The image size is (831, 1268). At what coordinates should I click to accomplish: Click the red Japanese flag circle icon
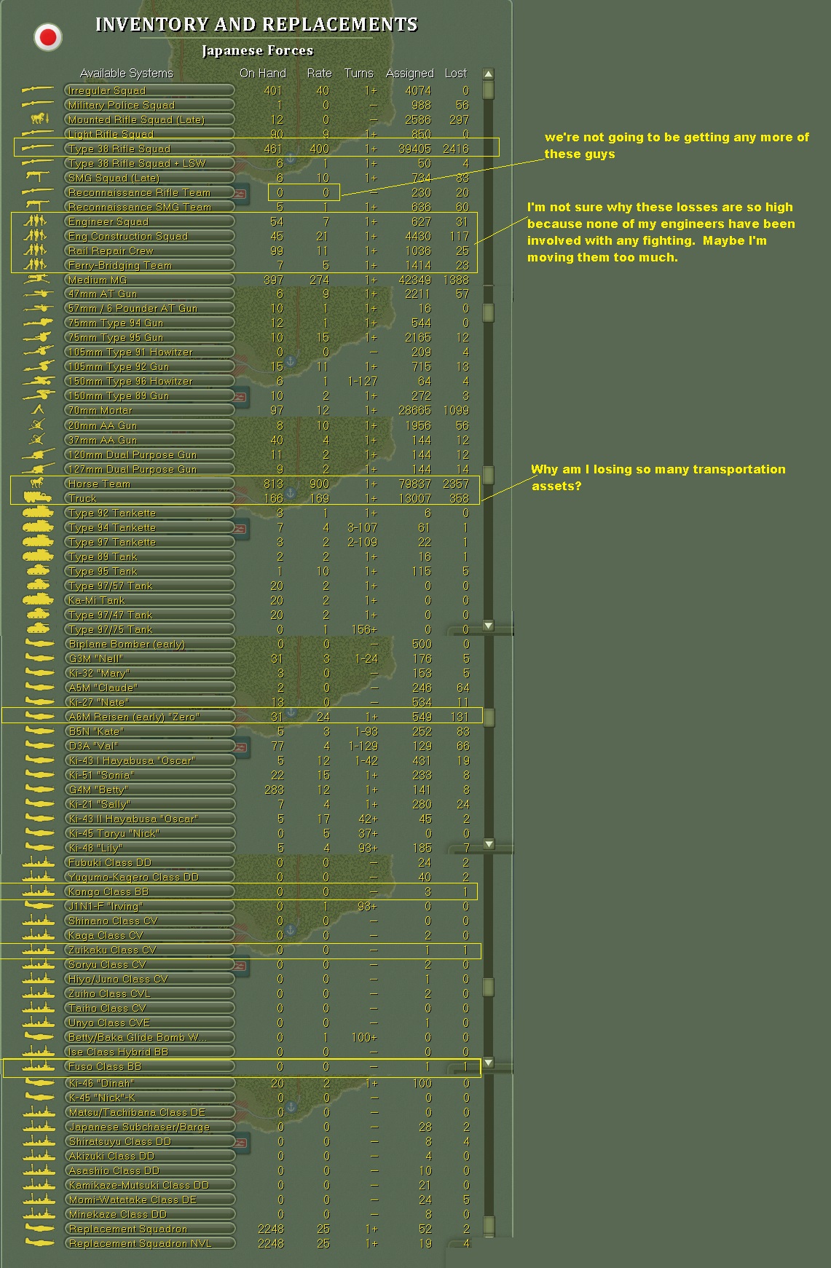[49, 36]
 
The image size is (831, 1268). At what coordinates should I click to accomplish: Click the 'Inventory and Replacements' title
[256, 25]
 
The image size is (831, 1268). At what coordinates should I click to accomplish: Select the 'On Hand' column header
[263, 73]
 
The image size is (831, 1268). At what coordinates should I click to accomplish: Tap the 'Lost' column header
[455, 73]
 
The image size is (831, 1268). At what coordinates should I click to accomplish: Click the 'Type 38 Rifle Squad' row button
[150, 149]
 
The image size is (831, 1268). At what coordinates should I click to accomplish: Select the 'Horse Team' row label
[99, 484]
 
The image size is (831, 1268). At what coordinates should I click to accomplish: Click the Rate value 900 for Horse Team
[319, 484]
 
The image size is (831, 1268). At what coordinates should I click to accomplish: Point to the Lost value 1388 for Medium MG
[455, 280]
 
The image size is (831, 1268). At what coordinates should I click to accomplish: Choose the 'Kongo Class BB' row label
[108, 891]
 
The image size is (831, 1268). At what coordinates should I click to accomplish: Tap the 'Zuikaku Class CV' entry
[112, 950]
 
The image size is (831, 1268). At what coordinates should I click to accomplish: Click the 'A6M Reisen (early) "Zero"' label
[133, 717]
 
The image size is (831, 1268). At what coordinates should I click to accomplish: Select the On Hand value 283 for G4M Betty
[274, 789]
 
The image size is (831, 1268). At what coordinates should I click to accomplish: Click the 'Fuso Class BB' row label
[104, 1066]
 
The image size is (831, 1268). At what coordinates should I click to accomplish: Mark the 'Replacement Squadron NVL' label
[140, 1243]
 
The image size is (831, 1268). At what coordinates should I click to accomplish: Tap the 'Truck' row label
[82, 498]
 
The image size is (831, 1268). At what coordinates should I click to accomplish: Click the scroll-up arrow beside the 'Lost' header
[488, 74]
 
